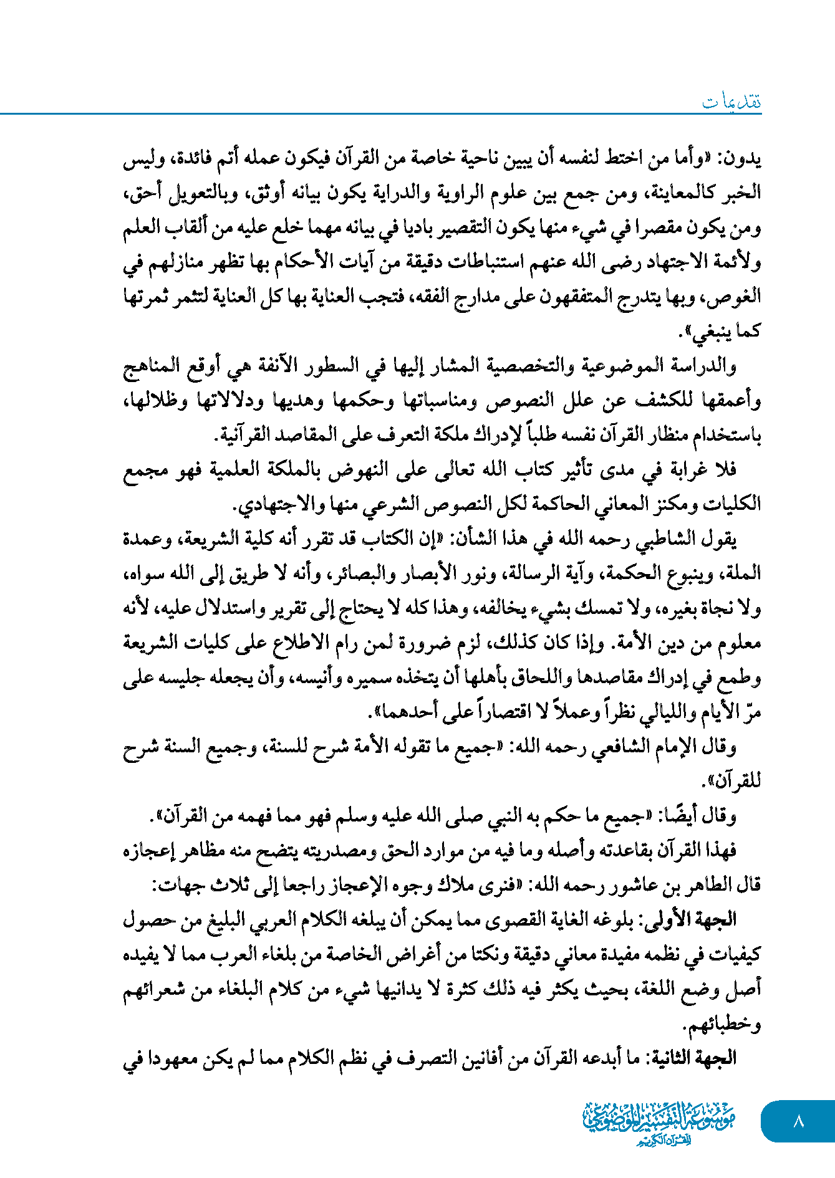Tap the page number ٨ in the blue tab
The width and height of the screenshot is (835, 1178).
[798, 1121]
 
